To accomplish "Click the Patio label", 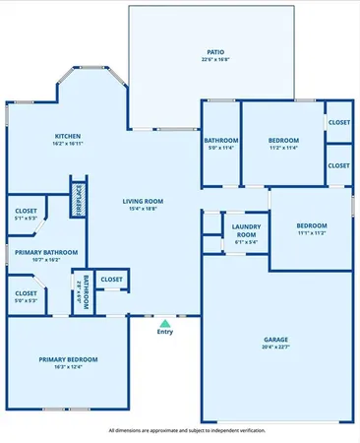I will point(214,51).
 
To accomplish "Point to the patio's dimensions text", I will point(214,59).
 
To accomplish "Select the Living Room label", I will point(143,201).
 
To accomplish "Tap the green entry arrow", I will point(165,322).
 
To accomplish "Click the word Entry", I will point(165,332).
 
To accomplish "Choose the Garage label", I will point(274,340).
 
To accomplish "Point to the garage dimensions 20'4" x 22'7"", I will point(274,348).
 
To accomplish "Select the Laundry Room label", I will point(245,230).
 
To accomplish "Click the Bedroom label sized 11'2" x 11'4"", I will point(282,141).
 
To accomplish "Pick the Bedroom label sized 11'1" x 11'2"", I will point(312,225).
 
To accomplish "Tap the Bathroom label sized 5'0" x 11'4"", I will point(221,141).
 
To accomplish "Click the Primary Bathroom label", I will point(46,252).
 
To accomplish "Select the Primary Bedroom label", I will point(67,359).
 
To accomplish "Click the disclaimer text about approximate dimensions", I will point(180,430).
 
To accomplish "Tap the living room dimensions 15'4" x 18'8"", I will point(143,209).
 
